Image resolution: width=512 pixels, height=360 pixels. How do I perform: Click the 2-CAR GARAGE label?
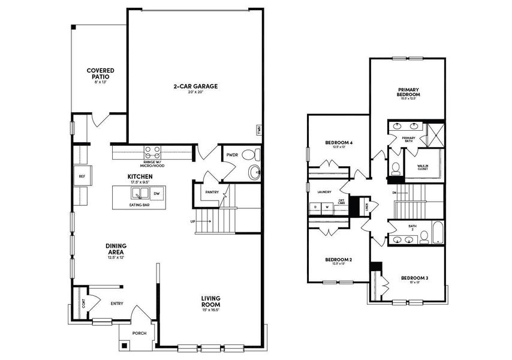click(195, 86)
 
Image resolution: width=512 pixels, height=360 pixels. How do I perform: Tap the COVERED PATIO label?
click(100, 74)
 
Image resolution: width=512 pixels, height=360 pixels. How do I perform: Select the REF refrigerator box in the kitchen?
click(82, 176)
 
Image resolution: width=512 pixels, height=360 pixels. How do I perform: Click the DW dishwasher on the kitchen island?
click(156, 194)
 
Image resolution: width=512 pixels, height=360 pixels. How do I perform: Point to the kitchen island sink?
click(140, 194)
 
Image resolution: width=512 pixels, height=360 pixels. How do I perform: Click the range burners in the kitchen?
click(152, 152)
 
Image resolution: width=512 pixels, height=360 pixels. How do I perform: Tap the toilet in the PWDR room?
click(254, 172)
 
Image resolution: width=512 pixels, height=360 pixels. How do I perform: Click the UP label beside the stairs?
click(192, 221)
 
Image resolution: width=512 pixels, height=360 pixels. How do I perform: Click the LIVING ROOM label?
click(211, 301)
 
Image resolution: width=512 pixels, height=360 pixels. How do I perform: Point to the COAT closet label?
click(83, 304)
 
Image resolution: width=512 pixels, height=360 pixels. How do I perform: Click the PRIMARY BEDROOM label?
click(408, 92)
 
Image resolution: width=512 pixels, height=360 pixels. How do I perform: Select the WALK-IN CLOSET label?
click(427, 167)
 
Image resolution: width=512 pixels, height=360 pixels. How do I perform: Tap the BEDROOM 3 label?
click(414, 278)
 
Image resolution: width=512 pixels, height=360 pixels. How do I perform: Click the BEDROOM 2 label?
click(338, 260)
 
